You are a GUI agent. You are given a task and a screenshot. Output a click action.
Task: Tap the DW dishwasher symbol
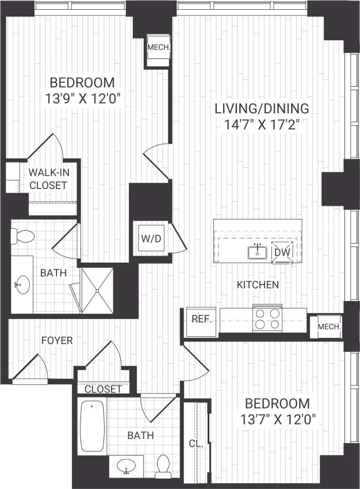coord(282,252)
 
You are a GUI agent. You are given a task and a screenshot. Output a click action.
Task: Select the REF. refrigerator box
coord(200,319)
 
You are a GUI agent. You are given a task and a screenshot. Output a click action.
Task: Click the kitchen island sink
coord(257,251)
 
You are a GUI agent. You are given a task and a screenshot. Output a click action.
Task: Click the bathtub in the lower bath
coord(92,426)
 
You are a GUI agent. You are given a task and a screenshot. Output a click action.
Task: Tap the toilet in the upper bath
coord(23,236)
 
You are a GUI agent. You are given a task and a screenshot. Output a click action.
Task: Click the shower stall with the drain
coord(97,290)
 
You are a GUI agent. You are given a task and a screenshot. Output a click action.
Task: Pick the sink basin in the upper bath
coord(23,283)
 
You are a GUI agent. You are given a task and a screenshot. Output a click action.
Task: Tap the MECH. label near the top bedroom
coord(158,48)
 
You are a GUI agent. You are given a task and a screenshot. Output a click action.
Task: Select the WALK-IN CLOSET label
coord(48,178)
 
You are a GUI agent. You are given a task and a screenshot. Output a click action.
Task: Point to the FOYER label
coord(57,341)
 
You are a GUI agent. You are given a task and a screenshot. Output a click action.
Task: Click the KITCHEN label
coord(258,284)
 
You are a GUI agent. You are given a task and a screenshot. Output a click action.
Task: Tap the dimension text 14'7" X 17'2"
coord(262,124)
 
